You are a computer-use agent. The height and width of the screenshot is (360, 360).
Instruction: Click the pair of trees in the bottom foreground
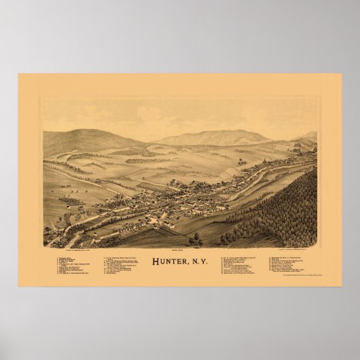pyautogui.click(x=196, y=239)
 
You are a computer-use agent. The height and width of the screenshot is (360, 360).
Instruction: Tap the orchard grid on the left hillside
pyautogui.click(x=71, y=200)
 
